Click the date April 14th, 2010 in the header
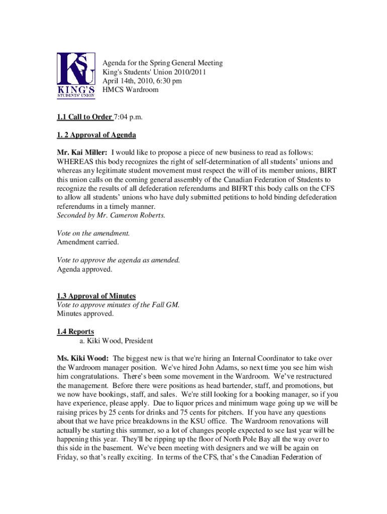click(x=130, y=81)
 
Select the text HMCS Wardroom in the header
click(x=130, y=90)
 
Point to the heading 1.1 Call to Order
click(x=84, y=117)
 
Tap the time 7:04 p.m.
click(x=129, y=117)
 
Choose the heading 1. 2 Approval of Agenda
click(x=96, y=135)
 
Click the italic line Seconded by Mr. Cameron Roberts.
click(x=111, y=215)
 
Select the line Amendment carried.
click(x=87, y=242)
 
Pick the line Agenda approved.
click(x=84, y=269)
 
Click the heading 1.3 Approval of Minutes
click(x=96, y=296)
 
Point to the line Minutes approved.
click(x=85, y=314)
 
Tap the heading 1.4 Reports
click(x=75, y=332)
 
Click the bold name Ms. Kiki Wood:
click(x=83, y=359)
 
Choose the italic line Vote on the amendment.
click(x=93, y=233)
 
